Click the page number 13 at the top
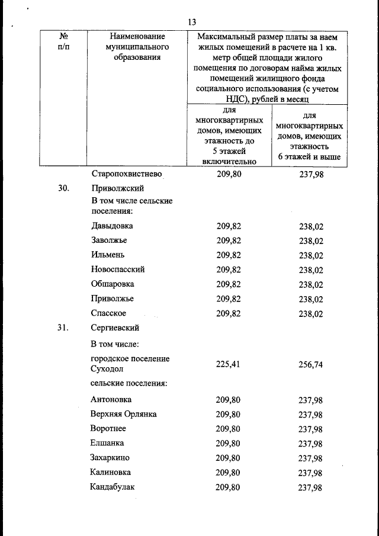(x=191, y=22)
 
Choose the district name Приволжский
(x=118, y=188)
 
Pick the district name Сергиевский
(x=116, y=328)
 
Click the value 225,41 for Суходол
(x=228, y=364)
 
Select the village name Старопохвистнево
(x=127, y=175)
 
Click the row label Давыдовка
(x=113, y=226)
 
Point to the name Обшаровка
(x=113, y=284)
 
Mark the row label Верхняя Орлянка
(x=124, y=414)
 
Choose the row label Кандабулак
(x=114, y=487)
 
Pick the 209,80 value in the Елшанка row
(x=228, y=443)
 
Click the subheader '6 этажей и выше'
(x=309, y=157)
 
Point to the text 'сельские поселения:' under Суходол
(x=129, y=383)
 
